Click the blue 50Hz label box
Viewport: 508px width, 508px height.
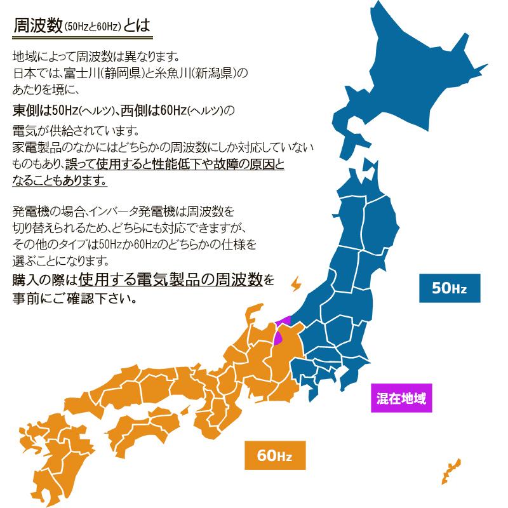(x=449, y=288)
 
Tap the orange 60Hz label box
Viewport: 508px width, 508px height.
(x=274, y=455)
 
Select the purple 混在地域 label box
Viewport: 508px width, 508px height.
(x=401, y=399)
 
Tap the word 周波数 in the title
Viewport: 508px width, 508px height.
(x=39, y=26)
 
